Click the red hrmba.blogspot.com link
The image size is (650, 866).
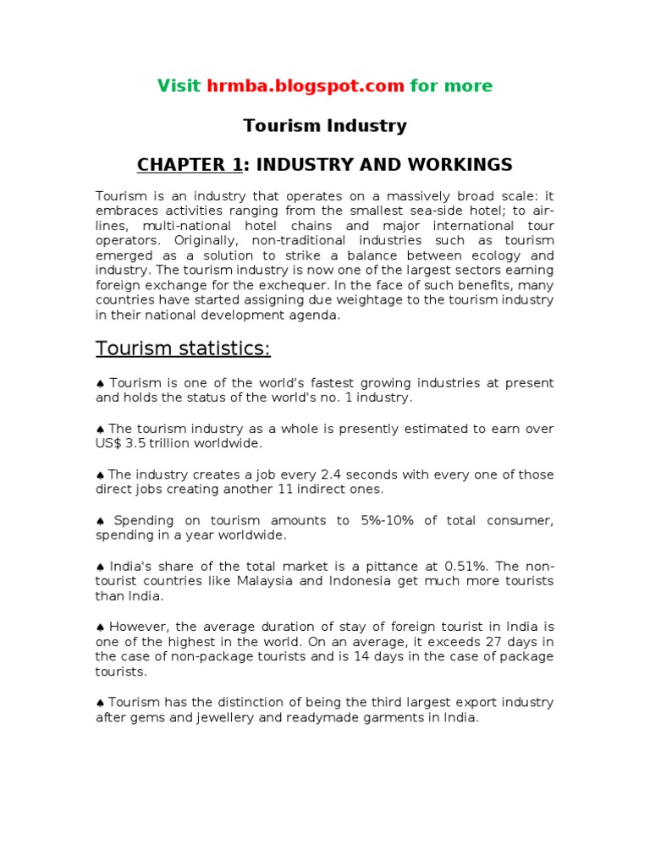pyautogui.click(x=306, y=85)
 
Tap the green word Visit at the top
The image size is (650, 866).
pyautogui.click(x=179, y=85)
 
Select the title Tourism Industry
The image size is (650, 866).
pyautogui.click(x=325, y=126)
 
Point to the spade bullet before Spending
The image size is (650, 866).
pyautogui.click(x=100, y=520)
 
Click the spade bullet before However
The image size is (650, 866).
pyautogui.click(x=100, y=627)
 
